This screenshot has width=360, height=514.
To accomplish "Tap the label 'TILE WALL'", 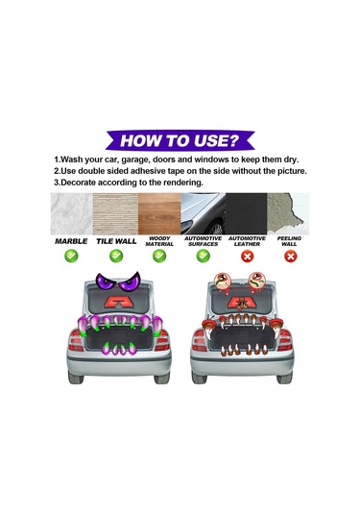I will tap(115, 241).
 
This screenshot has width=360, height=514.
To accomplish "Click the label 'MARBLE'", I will tap(71, 241).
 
